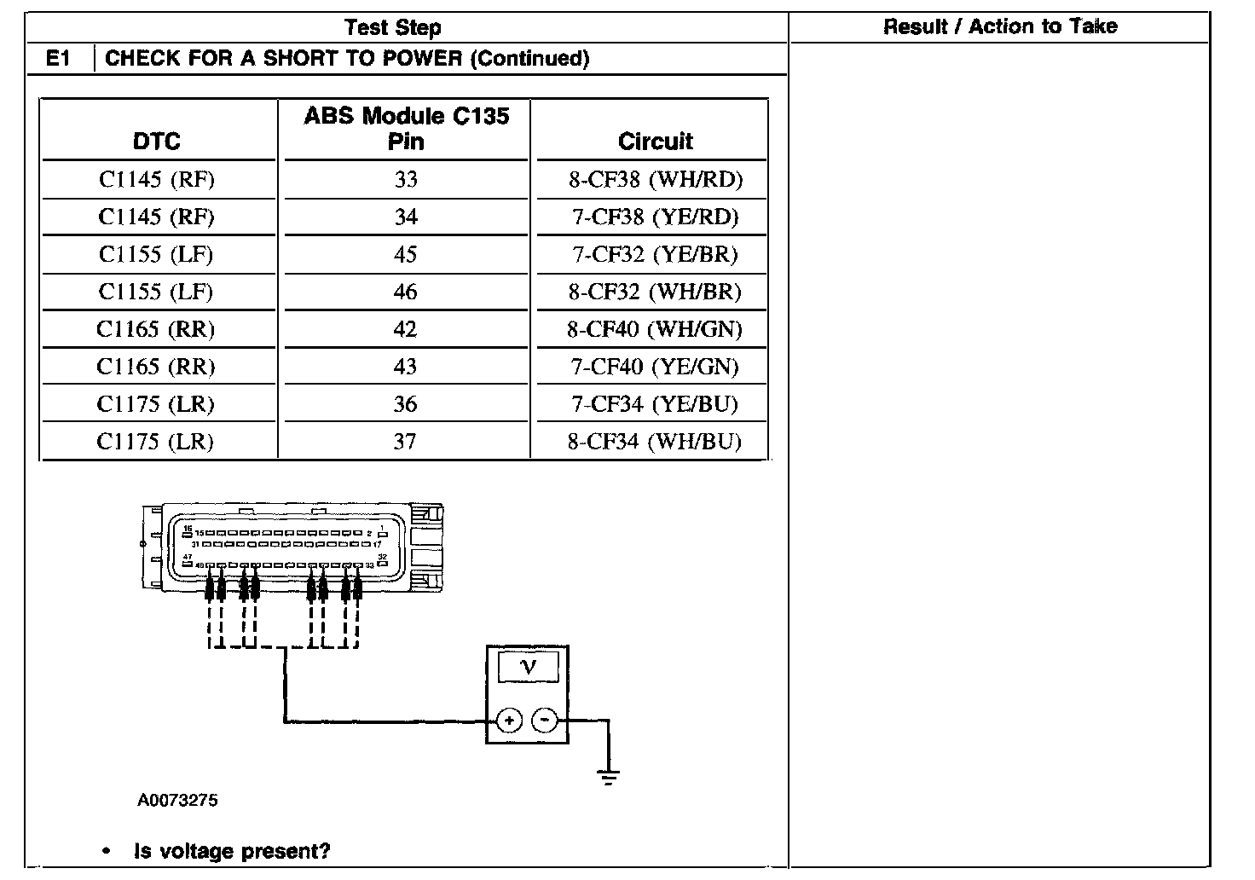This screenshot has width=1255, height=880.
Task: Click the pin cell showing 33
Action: point(406,180)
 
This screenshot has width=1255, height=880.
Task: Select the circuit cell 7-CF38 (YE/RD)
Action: point(655,217)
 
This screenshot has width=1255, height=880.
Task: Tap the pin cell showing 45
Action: point(406,255)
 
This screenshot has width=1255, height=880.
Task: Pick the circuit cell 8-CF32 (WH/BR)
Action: point(655,292)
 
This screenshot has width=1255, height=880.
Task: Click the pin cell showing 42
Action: point(406,330)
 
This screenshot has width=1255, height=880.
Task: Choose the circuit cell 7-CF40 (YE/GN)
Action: point(655,368)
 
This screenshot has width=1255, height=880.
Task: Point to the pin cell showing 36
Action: point(406,405)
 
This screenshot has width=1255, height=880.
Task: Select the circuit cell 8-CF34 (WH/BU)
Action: point(655,442)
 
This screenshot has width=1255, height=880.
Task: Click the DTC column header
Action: point(157,142)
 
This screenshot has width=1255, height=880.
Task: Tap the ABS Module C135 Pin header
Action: point(407,128)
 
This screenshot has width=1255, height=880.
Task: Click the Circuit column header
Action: point(655,142)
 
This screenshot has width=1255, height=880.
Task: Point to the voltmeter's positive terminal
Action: point(509,721)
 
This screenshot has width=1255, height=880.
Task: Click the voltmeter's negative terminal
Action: point(544,721)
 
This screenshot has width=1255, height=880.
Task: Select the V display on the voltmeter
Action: point(528,667)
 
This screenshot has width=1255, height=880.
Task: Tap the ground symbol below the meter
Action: point(608,776)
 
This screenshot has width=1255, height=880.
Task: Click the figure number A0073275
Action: point(177,801)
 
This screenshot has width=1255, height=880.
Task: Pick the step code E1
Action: point(58,59)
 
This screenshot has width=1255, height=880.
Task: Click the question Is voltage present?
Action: point(232,851)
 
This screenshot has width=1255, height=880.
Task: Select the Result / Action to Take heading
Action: point(999,26)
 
